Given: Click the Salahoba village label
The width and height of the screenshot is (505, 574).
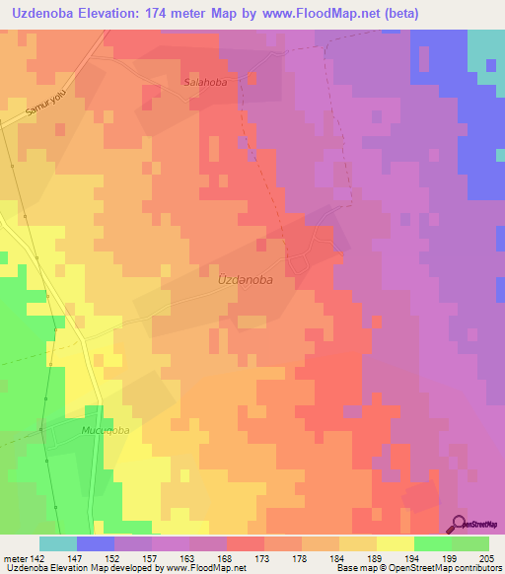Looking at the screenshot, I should coord(205,83).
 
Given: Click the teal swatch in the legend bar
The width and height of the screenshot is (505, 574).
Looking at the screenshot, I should coord(58,543).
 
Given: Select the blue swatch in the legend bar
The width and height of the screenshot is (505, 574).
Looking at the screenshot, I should coord(96,543).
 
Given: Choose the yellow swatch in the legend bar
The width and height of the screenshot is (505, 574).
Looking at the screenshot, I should coord(395,543).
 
